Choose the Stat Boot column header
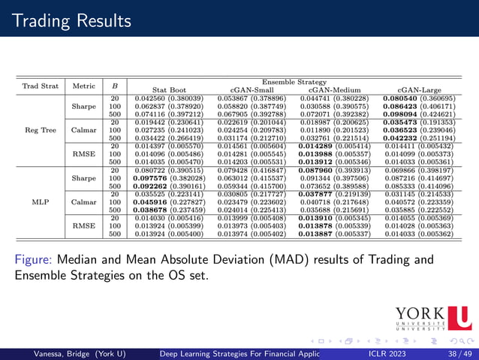pos(164,90)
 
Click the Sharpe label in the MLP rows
pos(80,177)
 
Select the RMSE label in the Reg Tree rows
pos(80,154)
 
